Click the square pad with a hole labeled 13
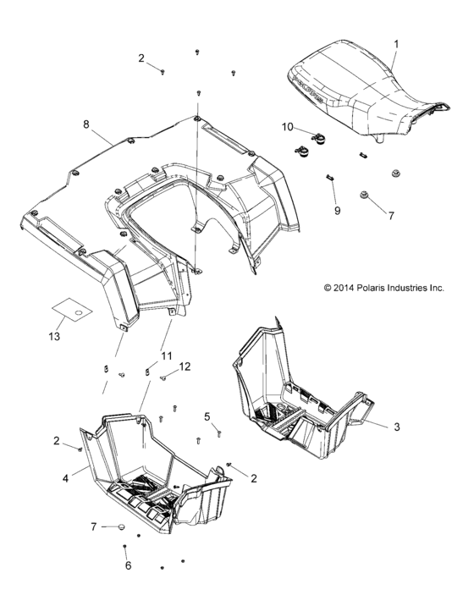coord(71,311)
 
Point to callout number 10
coord(288,127)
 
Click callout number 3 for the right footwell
coord(397,427)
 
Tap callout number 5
coord(207,416)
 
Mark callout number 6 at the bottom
coord(129,566)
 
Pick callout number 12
coord(185,366)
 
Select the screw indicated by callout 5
coord(218,431)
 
